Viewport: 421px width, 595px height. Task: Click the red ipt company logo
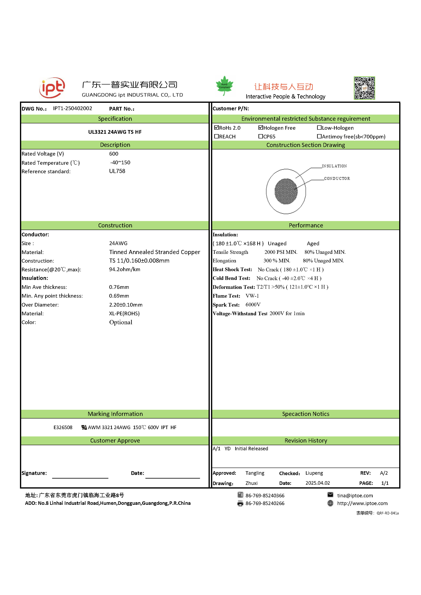click(x=52, y=88)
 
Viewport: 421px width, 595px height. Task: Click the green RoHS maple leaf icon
click(x=224, y=85)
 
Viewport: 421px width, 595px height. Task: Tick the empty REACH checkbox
click(x=217, y=136)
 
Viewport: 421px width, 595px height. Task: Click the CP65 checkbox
click(x=261, y=136)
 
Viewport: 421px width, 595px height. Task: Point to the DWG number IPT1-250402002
click(x=73, y=108)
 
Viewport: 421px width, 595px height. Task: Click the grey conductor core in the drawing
click(x=286, y=192)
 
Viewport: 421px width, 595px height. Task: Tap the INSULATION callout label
click(x=334, y=166)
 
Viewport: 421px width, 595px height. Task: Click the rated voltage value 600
click(x=113, y=154)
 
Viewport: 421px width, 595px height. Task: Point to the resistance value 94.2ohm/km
click(x=124, y=269)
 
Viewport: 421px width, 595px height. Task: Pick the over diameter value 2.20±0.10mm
click(x=126, y=305)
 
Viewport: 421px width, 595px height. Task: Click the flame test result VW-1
click(x=252, y=296)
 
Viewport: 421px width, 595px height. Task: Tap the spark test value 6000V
click(x=253, y=305)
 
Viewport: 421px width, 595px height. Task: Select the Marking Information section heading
click(x=115, y=414)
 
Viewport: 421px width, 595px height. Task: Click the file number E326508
click(x=63, y=427)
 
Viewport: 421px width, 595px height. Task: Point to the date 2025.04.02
click(x=318, y=483)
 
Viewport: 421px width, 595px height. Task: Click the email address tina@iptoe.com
click(x=355, y=495)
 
